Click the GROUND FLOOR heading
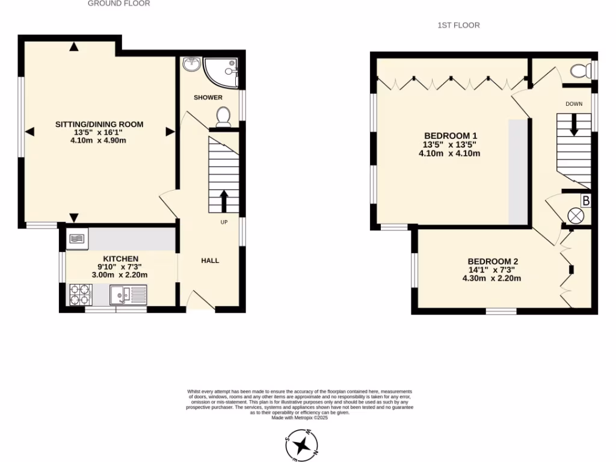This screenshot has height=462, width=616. coord(119,4)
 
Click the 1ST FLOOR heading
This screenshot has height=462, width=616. coord(458,25)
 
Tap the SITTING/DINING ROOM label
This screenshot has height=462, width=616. coord(99,125)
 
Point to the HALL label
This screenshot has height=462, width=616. coord(210,260)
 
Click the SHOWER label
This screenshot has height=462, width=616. coord(208,97)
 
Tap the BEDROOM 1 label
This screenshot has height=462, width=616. coord(450,135)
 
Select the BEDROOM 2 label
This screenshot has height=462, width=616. coord(493,262)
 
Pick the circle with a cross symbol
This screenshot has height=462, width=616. coord(576,215)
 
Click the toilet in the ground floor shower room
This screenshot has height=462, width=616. coord(223,116)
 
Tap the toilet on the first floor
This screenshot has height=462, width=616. coord(580,71)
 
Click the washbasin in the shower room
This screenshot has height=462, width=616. coord(192,63)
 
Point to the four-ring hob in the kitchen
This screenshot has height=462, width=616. coord(80,294)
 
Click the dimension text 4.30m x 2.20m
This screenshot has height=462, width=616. coord(491,279)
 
